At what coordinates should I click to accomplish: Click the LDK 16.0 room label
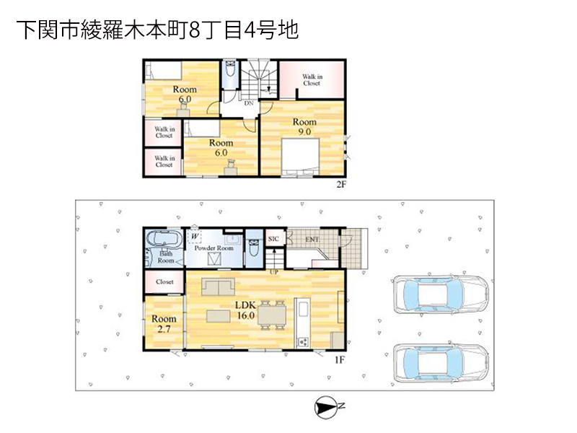(245, 310)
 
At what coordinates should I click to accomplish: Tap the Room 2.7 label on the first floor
(164, 323)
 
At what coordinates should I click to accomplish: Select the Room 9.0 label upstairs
(304, 126)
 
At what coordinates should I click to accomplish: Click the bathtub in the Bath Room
(164, 239)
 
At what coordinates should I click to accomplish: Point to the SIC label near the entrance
(273, 239)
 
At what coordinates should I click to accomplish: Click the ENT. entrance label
(312, 240)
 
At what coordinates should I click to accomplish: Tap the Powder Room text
(213, 248)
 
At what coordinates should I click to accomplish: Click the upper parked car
(441, 295)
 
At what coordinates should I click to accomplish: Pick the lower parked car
(441, 363)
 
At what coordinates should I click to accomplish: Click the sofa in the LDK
(219, 287)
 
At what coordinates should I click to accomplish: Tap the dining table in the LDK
(272, 315)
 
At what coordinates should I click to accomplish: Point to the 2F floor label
(341, 184)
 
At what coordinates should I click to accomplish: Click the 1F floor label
(339, 359)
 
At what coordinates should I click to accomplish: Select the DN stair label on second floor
(249, 103)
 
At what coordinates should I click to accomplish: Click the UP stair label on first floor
(274, 273)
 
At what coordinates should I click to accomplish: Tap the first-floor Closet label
(164, 281)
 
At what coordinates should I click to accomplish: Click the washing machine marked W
(195, 237)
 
